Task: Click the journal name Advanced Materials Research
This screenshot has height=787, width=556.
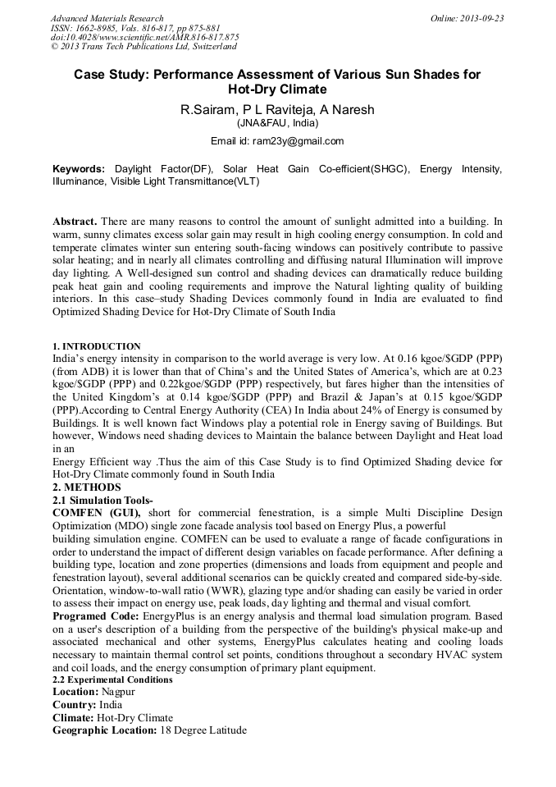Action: click(x=107, y=18)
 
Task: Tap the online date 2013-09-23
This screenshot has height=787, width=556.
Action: click(x=479, y=18)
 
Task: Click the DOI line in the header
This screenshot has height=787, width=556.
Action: click(x=144, y=38)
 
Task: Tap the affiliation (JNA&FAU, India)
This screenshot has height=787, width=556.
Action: click(x=277, y=123)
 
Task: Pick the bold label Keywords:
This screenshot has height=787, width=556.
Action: click(x=79, y=168)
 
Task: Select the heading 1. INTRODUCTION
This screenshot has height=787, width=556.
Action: click(x=97, y=346)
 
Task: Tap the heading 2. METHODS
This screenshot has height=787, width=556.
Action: click(x=87, y=487)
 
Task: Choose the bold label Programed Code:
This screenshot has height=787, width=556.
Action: click(x=96, y=615)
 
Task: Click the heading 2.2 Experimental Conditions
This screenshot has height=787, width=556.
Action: click(x=112, y=680)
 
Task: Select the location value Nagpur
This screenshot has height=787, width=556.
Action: click(x=119, y=692)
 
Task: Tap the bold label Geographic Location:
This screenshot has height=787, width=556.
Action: click(x=104, y=730)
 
